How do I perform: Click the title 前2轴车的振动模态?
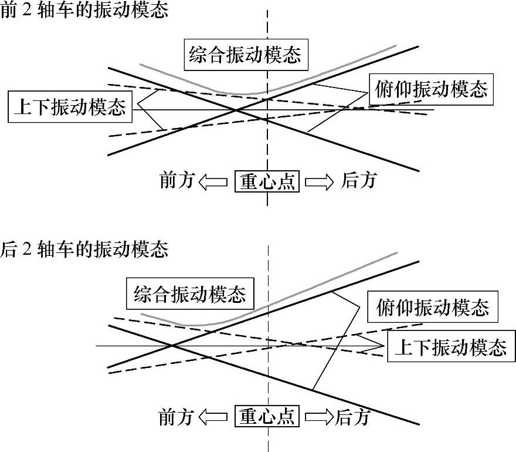84,10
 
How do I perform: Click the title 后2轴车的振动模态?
84,249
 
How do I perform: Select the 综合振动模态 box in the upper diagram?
245,55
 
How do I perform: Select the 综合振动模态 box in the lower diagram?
189,294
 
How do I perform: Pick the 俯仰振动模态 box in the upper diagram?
431,89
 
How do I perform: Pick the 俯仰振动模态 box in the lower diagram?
432,307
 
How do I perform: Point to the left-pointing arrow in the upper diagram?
213,182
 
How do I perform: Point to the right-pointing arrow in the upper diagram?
320,182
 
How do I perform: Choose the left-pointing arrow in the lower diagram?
213,417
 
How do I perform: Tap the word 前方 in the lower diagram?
176,417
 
